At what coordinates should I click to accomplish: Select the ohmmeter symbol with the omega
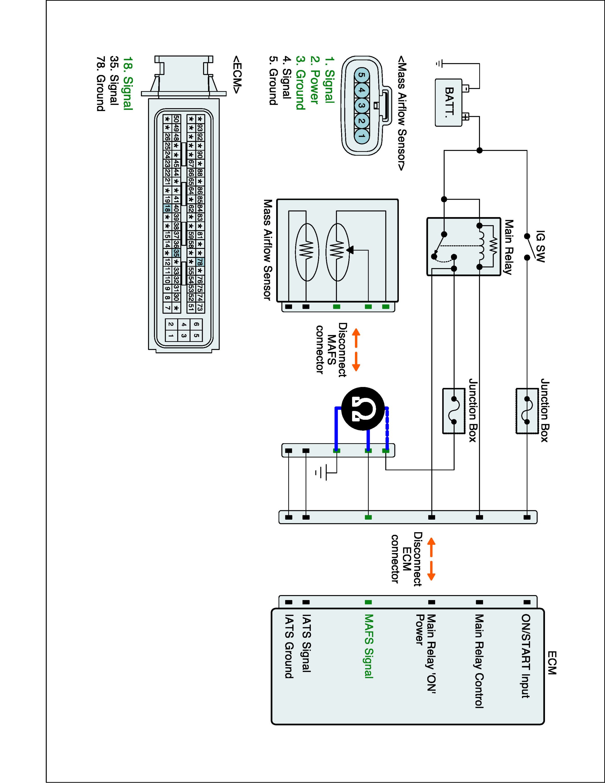[x=363, y=408]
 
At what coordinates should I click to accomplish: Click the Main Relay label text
[x=508, y=247]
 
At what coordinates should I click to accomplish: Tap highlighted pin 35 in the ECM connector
[x=176, y=252]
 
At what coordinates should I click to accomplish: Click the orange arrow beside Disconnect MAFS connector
[x=356, y=349]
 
